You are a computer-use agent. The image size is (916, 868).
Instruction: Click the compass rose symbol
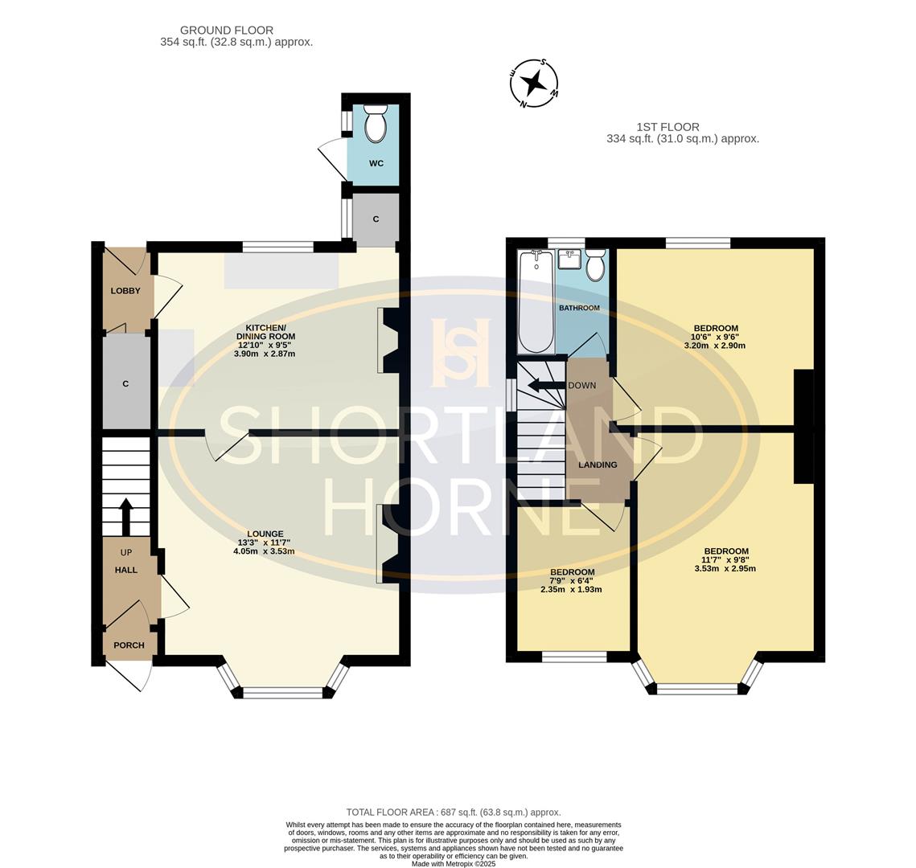point(533,82)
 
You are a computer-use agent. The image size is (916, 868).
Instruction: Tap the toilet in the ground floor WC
point(376,124)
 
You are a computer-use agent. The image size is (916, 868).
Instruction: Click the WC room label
point(376,163)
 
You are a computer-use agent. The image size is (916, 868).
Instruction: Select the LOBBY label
point(125,291)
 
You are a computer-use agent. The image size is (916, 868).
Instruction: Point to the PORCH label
point(129,645)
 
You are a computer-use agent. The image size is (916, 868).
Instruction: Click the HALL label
point(125,570)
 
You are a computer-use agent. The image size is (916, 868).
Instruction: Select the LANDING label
point(598,465)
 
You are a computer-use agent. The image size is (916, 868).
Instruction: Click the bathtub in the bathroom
point(536,302)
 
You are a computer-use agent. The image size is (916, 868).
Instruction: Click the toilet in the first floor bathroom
point(595,264)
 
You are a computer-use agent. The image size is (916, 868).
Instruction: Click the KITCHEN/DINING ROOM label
point(265,332)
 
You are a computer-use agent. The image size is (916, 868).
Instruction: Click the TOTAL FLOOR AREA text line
point(454,813)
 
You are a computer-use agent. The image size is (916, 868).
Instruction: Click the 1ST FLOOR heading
point(667,127)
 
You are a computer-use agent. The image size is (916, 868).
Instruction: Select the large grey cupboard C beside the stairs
point(126,383)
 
